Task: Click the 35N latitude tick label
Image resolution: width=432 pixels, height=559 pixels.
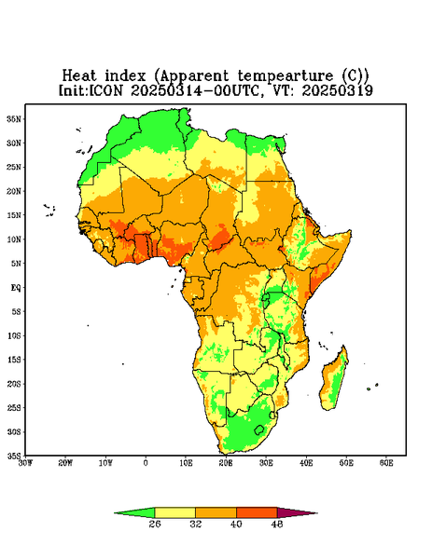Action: click(x=14, y=118)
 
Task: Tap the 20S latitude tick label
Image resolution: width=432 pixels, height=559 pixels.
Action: click(x=14, y=384)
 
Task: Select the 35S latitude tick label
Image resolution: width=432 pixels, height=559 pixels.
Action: click(x=14, y=456)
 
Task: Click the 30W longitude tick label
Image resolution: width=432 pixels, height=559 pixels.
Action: click(x=25, y=463)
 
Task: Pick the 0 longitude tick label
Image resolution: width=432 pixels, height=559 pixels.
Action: click(x=146, y=463)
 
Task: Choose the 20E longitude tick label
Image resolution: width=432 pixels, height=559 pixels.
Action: click(x=226, y=463)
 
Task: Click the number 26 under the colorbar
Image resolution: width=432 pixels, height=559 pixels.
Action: click(x=155, y=524)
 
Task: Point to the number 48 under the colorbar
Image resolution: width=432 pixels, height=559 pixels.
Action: click(x=277, y=524)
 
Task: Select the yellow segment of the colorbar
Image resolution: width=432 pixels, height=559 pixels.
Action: click(x=174, y=512)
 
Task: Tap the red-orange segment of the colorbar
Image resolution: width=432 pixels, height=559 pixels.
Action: click(x=257, y=512)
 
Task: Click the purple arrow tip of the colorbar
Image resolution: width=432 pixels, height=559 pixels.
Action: click(x=317, y=513)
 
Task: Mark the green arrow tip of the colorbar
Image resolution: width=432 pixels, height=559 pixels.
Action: click(x=115, y=513)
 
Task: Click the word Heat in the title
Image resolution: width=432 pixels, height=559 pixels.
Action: click(x=79, y=75)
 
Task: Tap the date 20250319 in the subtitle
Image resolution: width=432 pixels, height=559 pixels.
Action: click(x=338, y=90)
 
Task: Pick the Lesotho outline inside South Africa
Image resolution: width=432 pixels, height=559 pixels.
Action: click(x=259, y=429)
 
